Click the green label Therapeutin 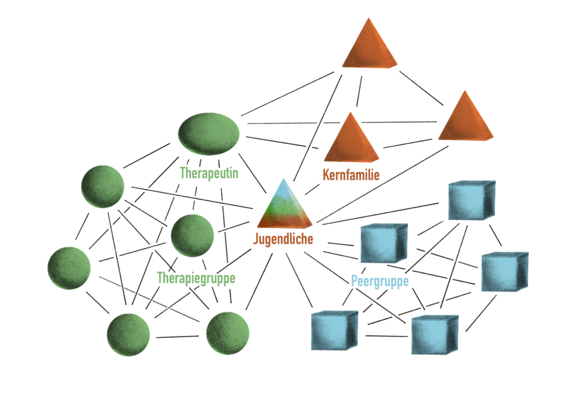[x=209, y=173]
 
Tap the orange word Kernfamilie [x=351, y=175]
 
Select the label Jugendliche [x=283, y=239]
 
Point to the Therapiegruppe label [x=196, y=278]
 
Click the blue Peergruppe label [x=380, y=281]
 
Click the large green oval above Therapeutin [x=209, y=134]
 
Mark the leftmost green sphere [x=69, y=268]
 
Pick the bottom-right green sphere [x=227, y=333]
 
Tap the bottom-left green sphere [x=128, y=334]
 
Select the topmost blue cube [x=471, y=199]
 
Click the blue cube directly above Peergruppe [x=384, y=243]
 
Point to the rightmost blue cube [x=504, y=272]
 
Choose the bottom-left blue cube [x=334, y=330]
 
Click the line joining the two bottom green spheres [x=177, y=336]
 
